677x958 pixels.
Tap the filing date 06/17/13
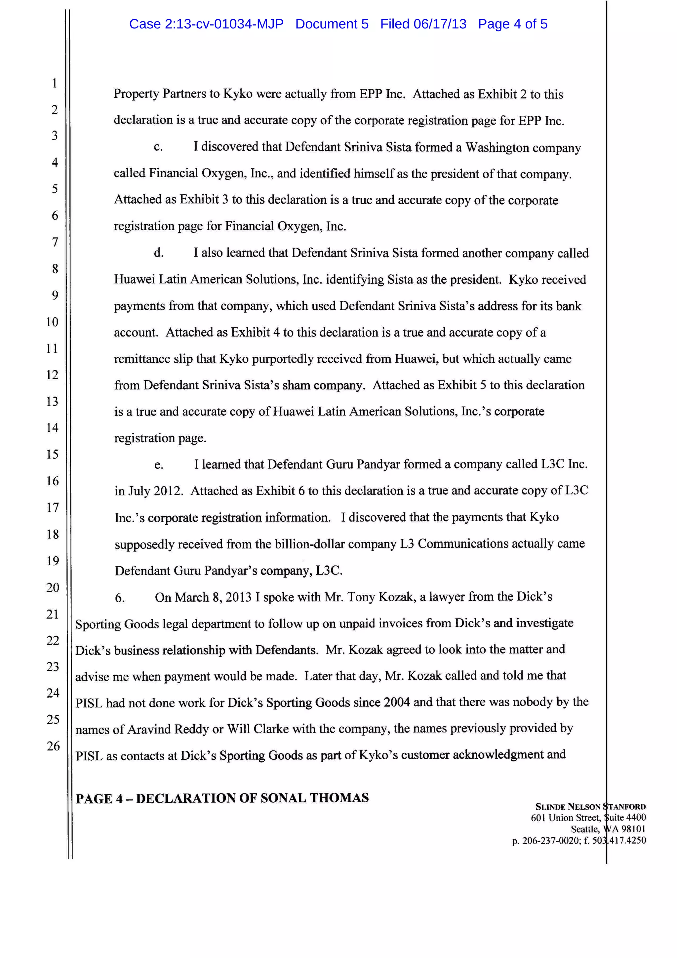click(440, 24)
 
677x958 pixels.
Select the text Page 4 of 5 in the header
click(512, 24)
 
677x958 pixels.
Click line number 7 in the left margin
click(55, 242)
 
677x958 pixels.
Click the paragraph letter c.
click(158, 147)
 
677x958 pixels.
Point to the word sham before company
click(296, 385)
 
